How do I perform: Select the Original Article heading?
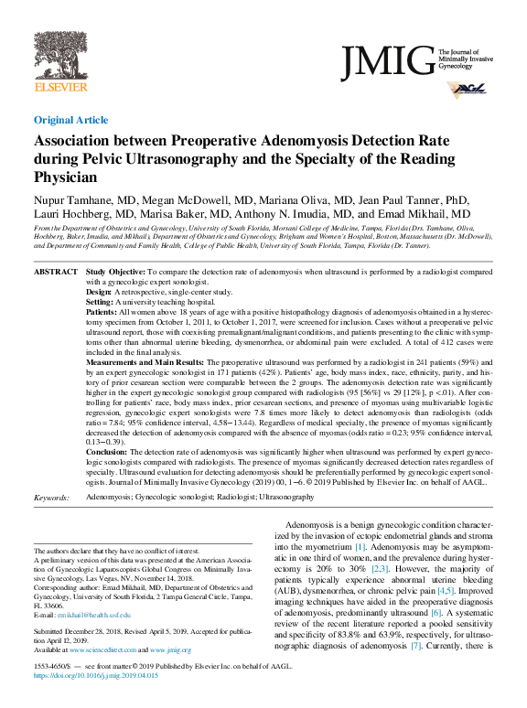(x=71, y=120)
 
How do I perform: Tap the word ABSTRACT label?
(x=56, y=273)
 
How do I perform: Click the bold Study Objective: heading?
(x=115, y=273)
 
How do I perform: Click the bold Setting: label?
(x=102, y=301)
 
